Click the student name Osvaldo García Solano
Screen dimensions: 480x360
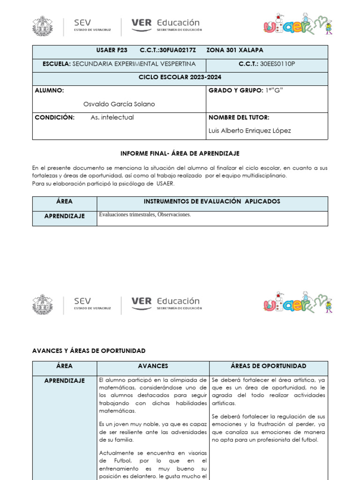point(119,104)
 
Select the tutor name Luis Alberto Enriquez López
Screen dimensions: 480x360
point(249,131)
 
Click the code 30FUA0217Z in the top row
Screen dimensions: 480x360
point(177,50)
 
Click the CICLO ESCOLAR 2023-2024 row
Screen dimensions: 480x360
point(180,77)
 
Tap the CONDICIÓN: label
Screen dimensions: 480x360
point(54,118)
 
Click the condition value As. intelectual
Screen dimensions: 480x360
point(112,118)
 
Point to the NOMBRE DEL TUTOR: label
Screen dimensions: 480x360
point(239,118)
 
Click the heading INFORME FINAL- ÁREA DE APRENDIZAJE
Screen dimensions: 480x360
point(180,153)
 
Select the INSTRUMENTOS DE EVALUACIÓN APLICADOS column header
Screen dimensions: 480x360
point(212,202)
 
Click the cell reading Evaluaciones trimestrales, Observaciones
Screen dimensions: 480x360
point(145,215)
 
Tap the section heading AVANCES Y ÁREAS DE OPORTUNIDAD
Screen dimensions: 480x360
point(89,351)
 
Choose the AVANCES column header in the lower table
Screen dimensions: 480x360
point(153,366)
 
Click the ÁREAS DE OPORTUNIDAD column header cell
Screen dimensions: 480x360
point(269,366)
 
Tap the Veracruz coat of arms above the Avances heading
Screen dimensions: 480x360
point(43,304)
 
